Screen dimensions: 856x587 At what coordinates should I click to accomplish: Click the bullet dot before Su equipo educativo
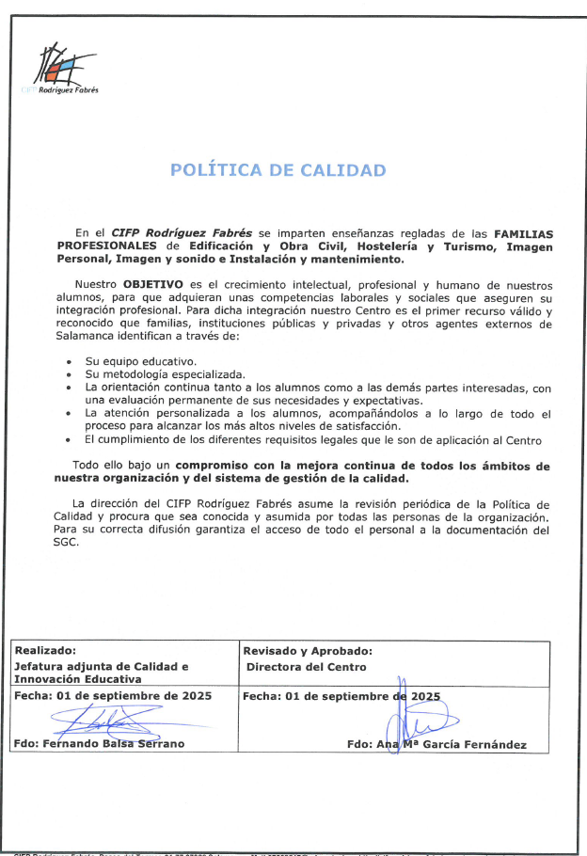coord(71,361)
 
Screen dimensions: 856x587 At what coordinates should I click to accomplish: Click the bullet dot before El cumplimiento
coord(71,439)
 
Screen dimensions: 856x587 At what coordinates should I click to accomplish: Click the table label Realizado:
coord(45,650)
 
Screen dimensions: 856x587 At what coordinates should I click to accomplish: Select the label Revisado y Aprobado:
coord(307,650)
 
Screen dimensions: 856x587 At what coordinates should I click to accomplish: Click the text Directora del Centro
coord(306,666)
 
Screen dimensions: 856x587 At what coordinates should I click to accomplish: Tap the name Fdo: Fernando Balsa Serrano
coord(100,743)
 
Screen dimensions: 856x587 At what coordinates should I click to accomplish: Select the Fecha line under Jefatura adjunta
coord(113,696)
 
